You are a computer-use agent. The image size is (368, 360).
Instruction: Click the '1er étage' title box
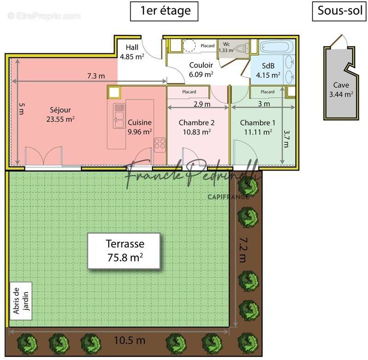pos(164,11)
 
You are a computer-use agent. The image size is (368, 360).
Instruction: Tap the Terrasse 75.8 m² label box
pos(125,251)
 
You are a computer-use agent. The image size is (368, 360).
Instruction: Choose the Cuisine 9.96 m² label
pos(140,127)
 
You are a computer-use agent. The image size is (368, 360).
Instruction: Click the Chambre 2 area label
pos(196,127)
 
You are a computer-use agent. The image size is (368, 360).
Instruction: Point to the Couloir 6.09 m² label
pos(201,69)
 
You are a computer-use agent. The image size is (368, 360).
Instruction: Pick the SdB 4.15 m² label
pos(268,70)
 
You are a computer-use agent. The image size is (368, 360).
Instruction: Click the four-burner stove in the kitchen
pos(160,145)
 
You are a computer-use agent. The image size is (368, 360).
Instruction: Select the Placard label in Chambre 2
pos(189,92)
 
